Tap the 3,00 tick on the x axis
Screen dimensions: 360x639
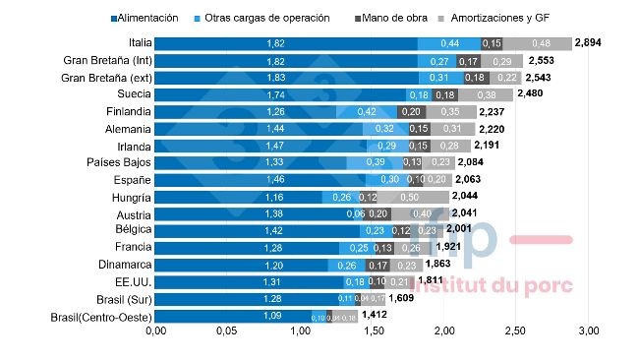pyautogui.click(x=587, y=330)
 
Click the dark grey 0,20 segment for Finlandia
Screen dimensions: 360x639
pyautogui.click(x=410, y=112)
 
